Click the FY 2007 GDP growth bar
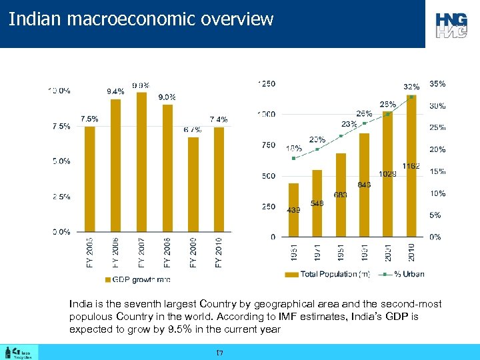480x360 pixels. pyautogui.click(x=141, y=163)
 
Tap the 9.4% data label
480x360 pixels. pyautogui.click(x=115, y=92)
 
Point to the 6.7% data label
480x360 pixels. pyautogui.click(x=193, y=129)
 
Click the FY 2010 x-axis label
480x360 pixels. pyautogui.click(x=219, y=252)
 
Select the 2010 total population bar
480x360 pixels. pyautogui.click(x=411, y=167)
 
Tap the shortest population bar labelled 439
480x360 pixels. pyautogui.click(x=293, y=210)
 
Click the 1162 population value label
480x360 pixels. pyautogui.click(x=411, y=166)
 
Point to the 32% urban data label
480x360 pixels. pyautogui.click(x=411, y=87)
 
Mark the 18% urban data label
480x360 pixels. pyautogui.click(x=293, y=148)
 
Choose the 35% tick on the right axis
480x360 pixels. pyautogui.click(x=437, y=84)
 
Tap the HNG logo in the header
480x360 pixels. pyautogui.click(x=452, y=24)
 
